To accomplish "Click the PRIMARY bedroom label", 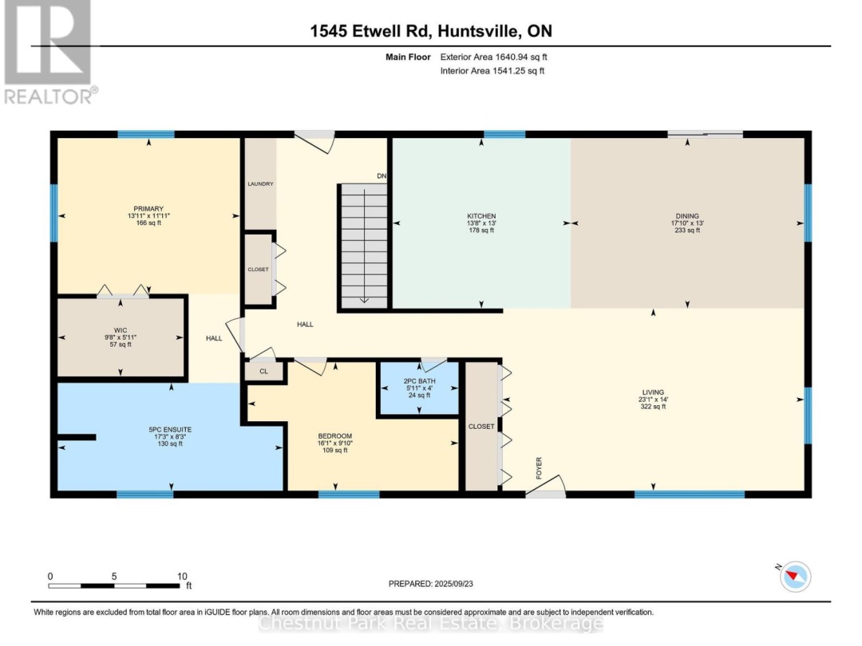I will coord(149,209).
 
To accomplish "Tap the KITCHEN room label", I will coord(481,216).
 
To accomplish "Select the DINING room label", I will coord(687,216).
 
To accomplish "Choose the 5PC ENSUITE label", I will coord(169,430).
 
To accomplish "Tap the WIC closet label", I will coord(121,329).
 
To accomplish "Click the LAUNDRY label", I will coord(260,184).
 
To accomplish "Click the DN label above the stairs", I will coord(382,176).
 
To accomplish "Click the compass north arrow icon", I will coord(794,576).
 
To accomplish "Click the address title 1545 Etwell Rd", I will coord(431,32).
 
